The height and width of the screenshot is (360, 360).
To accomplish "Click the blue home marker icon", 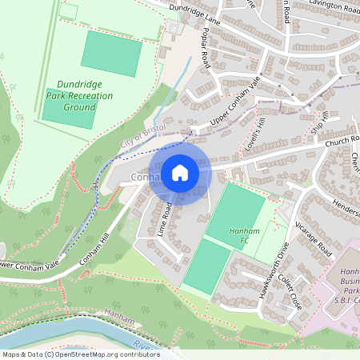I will click(x=180, y=172).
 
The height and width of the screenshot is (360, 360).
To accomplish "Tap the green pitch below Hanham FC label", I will click(x=206, y=265).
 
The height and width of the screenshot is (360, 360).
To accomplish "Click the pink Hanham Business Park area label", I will click(x=345, y=282).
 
